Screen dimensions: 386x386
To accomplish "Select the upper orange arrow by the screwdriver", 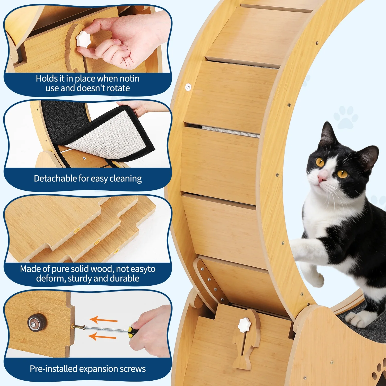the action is click(103, 320).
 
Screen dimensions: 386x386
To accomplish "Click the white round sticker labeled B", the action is click(188, 87).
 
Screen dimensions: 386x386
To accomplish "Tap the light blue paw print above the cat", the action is click(346, 117).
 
